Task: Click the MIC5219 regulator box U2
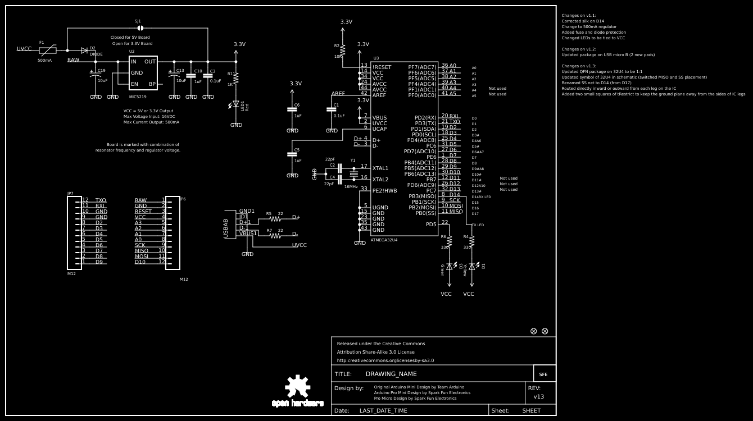coord(143,73)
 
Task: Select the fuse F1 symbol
coord(47,50)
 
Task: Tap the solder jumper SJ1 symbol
coord(140,28)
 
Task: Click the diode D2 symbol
coord(84,50)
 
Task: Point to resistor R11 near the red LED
coord(236,79)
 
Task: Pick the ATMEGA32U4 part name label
coord(384,240)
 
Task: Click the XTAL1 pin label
coord(380,168)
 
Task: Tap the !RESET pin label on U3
coord(382,67)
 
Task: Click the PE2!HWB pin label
coord(384,191)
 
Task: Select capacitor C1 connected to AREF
coord(331,110)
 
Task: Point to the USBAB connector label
coord(226,228)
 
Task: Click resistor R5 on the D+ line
coord(275,219)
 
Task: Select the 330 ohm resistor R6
coord(449,241)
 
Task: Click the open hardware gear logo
coord(298,387)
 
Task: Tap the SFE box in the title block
coord(543,374)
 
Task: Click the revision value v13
coord(539,397)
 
